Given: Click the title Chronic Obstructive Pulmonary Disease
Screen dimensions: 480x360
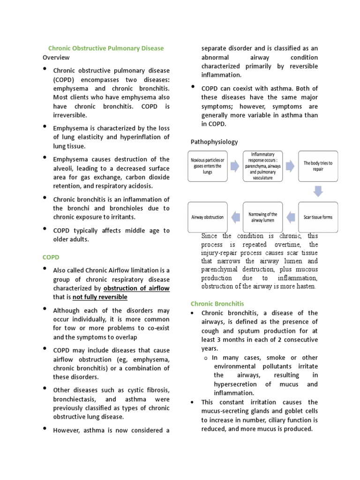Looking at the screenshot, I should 106,48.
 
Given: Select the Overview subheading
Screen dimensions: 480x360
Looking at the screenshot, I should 56,57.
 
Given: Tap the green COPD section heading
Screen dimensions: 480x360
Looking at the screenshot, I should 50,257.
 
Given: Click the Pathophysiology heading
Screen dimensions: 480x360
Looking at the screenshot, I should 214,142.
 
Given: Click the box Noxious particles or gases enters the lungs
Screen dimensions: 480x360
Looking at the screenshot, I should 208,166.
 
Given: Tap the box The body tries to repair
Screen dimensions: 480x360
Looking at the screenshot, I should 318,166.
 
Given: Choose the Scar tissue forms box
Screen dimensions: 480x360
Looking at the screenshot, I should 318,217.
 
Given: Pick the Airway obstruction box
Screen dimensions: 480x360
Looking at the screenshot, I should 208,217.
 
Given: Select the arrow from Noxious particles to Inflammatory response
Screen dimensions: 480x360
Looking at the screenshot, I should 235,166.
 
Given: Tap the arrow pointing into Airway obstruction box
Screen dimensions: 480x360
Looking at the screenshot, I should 235,217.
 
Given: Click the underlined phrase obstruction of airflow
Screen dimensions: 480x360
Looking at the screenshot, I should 136,288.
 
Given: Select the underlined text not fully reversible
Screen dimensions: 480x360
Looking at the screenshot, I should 100,297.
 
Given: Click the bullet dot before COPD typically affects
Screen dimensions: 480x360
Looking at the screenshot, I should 45,229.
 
